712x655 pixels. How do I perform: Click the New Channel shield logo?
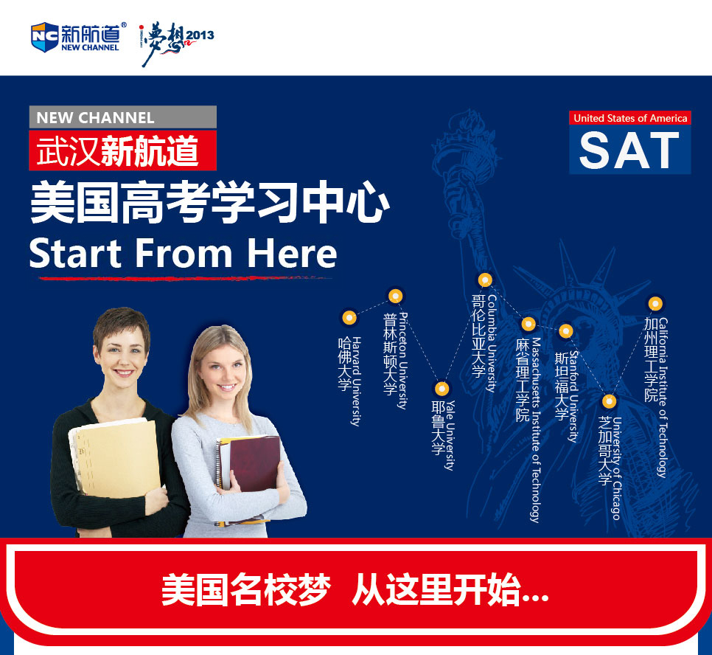click(x=43, y=36)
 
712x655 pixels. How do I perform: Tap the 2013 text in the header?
click(x=200, y=35)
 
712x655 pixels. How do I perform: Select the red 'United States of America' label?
click(x=630, y=118)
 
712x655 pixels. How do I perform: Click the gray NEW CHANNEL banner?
click(x=122, y=117)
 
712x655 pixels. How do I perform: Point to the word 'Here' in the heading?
click(x=292, y=253)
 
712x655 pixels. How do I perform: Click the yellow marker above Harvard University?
click(x=349, y=318)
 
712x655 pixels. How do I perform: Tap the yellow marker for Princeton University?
click(x=395, y=297)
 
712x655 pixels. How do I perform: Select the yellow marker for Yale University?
click(x=441, y=389)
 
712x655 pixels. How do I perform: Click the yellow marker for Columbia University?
click(x=485, y=280)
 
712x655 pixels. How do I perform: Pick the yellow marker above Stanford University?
click(x=565, y=331)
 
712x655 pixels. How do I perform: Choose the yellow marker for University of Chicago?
click(x=609, y=401)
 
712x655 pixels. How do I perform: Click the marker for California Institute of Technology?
click(x=655, y=302)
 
